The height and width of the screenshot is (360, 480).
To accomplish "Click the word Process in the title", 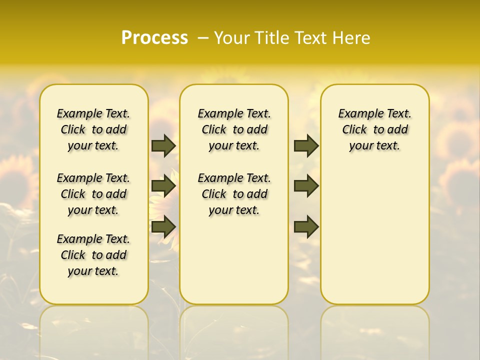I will (154, 37).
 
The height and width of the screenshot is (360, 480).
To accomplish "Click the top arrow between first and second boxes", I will (163, 145).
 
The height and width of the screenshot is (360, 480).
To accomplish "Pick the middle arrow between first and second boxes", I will (163, 186).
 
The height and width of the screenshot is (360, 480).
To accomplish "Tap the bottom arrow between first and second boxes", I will (163, 226).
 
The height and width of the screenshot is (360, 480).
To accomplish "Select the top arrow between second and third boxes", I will (306, 145).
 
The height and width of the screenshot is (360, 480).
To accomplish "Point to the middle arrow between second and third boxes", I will (306, 186).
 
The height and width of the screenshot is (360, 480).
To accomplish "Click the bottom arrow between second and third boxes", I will (306, 226).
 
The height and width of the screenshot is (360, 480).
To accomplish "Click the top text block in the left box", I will (93, 129).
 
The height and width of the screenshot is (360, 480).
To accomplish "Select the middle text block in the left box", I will (93, 194).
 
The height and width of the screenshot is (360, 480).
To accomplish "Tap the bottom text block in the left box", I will (93, 255).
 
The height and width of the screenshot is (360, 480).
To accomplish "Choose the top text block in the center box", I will (234, 129).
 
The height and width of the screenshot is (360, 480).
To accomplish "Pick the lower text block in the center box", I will (234, 194).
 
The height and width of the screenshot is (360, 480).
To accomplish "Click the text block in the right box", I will (374, 129).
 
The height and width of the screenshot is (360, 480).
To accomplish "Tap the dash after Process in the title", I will (203, 38).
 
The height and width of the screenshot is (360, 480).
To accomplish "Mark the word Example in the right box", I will (356, 114).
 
